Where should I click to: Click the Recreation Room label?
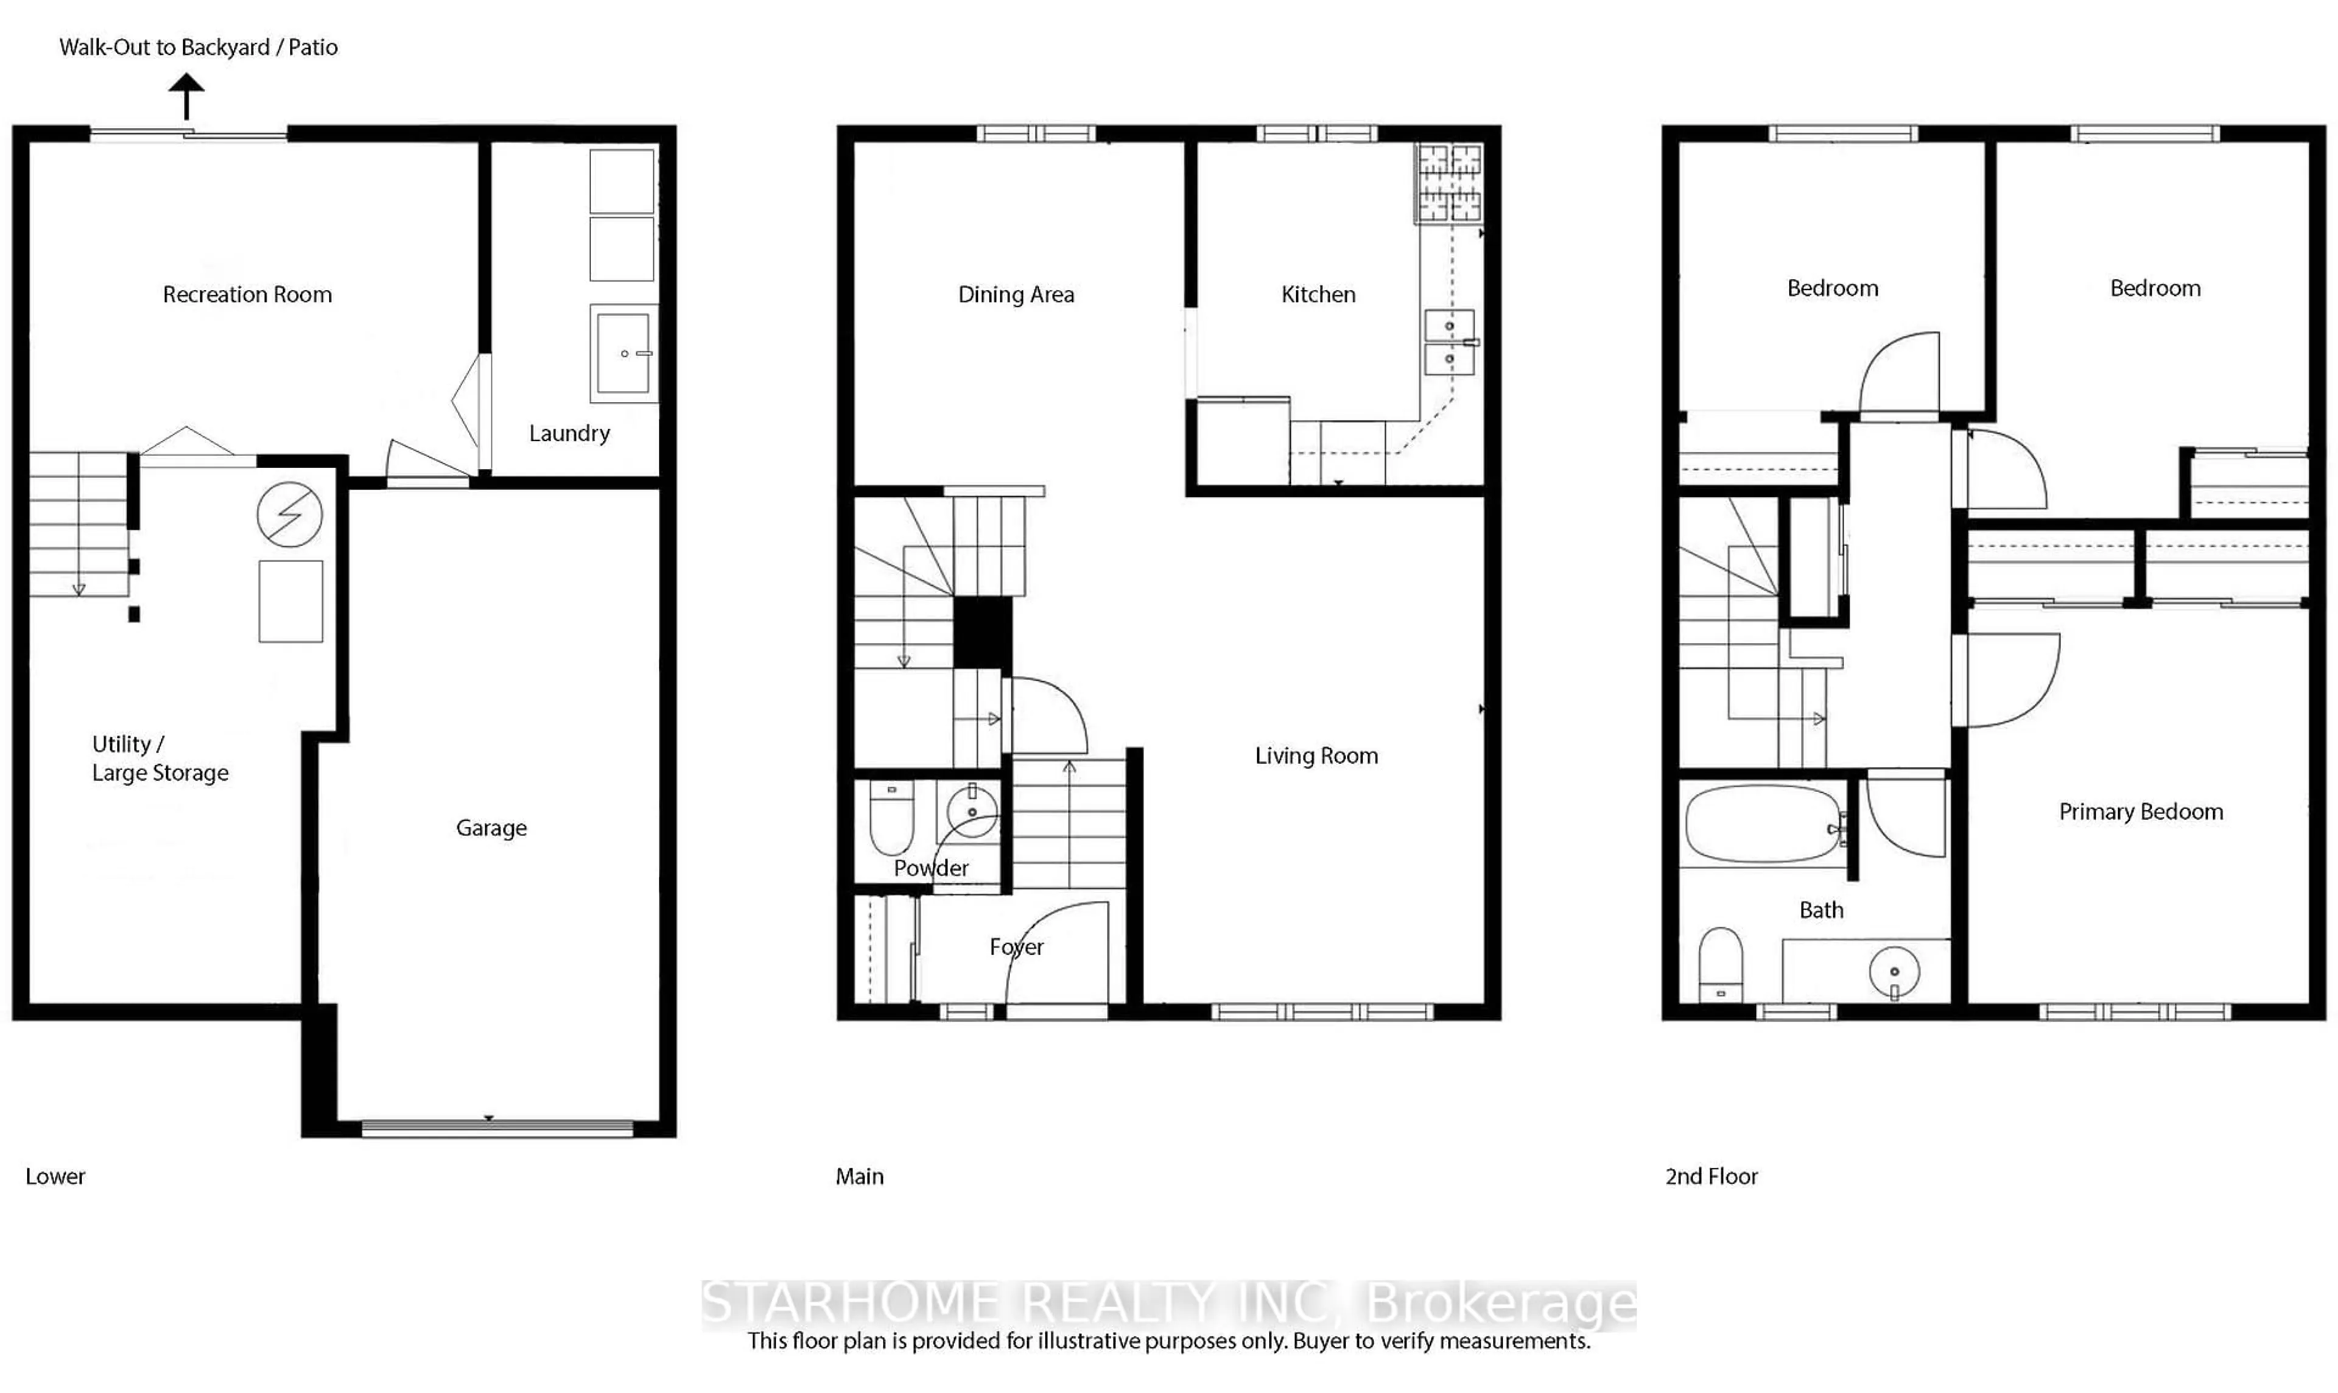[x=247, y=295]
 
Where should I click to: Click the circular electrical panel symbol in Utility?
[x=289, y=514]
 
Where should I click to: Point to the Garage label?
[x=491, y=828]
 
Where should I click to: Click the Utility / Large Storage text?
[x=160, y=759]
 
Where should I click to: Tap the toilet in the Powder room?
[x=891, y=816]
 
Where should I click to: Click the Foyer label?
[x=1016, y=947]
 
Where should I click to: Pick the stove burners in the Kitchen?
[x=1448, y=183]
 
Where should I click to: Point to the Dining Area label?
[x=1016, y=295]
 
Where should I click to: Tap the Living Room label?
[x=1316, y=756]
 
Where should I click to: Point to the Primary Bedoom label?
[x=2140, y=812]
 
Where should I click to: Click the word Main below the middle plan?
[x=859, y=1176]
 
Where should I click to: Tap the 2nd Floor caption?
[x=1710, y=1176]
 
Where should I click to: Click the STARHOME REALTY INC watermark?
[x=1168, y=1304]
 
